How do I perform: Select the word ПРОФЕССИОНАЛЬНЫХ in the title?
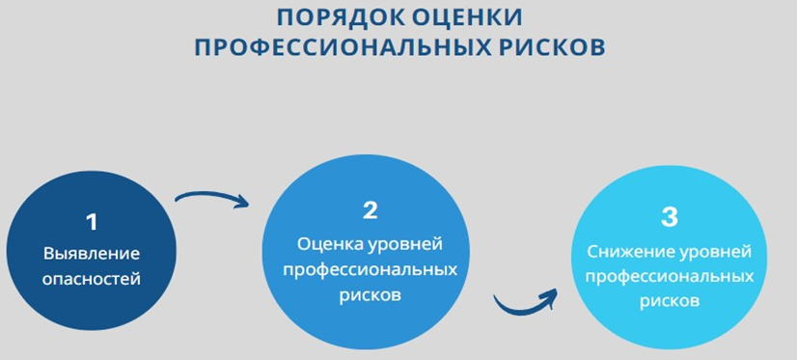coord(344,48)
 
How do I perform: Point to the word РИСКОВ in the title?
coord(554,48)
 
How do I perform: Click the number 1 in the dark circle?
coord(92,222)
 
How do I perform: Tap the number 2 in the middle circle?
coord(370,210)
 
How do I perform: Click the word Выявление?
coord(92,254)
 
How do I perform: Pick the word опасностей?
coord(92,280)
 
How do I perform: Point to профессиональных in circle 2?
coord(370,269)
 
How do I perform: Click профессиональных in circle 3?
coord(670,277)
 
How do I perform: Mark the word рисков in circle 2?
coord(370,294)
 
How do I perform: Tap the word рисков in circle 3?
coord(670,301)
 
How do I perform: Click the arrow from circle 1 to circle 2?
coord(210,198)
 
